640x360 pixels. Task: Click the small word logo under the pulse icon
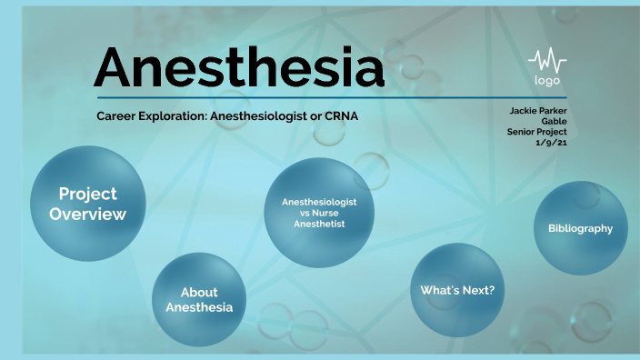[x=546, y=81]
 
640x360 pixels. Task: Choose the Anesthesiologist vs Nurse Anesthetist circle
[x=319, y=212]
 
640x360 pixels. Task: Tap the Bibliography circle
[x=580, y=228]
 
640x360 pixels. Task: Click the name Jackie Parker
[x=538, y=111]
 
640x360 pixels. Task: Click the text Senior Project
[x=537, y=131]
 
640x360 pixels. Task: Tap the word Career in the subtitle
[x=117, y=115]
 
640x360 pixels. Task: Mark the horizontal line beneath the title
[x=332, y=97]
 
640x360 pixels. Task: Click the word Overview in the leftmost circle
[x=87, y=215]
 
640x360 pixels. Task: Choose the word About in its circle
[x=199, y=293]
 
